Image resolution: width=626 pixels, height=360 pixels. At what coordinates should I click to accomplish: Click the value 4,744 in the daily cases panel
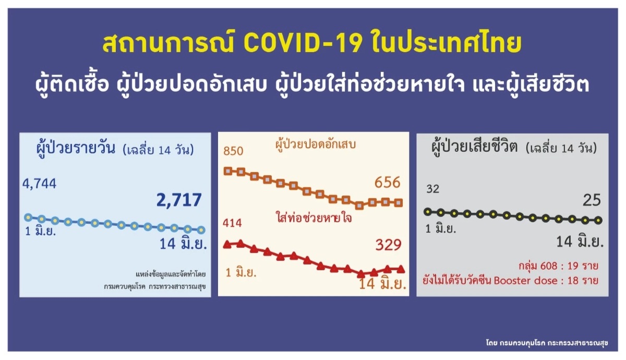click(40, 184)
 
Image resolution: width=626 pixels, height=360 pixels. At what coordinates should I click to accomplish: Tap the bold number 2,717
click(179, 200)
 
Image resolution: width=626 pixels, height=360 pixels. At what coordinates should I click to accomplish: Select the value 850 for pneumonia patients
click(233, 151)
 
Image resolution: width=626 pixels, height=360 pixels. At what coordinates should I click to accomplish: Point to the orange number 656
click(387, 183)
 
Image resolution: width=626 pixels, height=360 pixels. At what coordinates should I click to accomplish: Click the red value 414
click(232, 223)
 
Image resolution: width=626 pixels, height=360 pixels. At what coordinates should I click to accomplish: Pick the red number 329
click(388, 245)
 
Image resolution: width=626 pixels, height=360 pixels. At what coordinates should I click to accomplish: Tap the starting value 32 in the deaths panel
click(432, 189)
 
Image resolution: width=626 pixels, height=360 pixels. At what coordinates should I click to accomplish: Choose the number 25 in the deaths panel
click(592, 200)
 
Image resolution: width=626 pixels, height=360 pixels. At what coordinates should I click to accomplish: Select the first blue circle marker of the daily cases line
click(28, 217)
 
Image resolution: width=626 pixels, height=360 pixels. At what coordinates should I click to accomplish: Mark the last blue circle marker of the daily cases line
click(201, 230)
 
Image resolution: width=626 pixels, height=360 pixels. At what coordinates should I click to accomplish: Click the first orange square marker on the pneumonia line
click(228, 171)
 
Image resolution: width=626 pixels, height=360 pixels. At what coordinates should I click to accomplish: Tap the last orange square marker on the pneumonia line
click(399, 202)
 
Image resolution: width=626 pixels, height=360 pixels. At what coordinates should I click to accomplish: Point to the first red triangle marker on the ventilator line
click(227, 245)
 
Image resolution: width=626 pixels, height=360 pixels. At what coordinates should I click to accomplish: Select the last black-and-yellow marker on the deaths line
click(598, 221)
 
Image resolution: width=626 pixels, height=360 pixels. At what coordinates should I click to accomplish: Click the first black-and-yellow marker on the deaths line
click(428, 212)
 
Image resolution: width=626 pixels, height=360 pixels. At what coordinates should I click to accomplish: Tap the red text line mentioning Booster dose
click(510, 280)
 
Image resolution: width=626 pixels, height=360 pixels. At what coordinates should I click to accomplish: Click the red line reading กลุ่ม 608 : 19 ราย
click(558, 266)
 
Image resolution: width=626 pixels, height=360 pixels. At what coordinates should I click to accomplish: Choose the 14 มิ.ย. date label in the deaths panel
click(580, 242)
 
